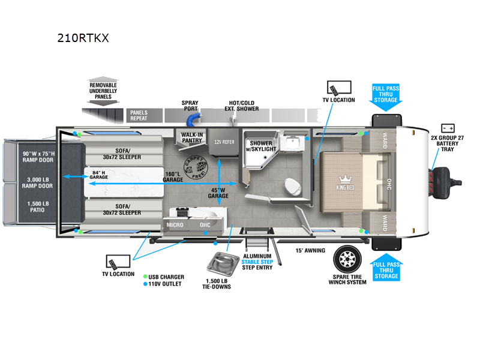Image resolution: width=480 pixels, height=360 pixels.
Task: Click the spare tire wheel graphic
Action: [x=347, y=259]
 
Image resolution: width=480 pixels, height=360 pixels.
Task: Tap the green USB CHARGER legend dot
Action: [x=146, y=277]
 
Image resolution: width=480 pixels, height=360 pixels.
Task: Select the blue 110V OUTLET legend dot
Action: [x=146, y=284]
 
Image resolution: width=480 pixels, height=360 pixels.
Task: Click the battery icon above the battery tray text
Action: [x=448, y=128]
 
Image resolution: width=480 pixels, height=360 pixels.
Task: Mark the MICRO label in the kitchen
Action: [x=175, y=225]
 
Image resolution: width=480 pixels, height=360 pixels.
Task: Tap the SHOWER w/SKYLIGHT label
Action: [x=262, y=146]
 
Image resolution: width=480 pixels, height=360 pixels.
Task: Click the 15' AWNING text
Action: [x=310, y=251]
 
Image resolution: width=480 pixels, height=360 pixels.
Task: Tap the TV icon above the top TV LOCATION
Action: [x=333, y=88]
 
